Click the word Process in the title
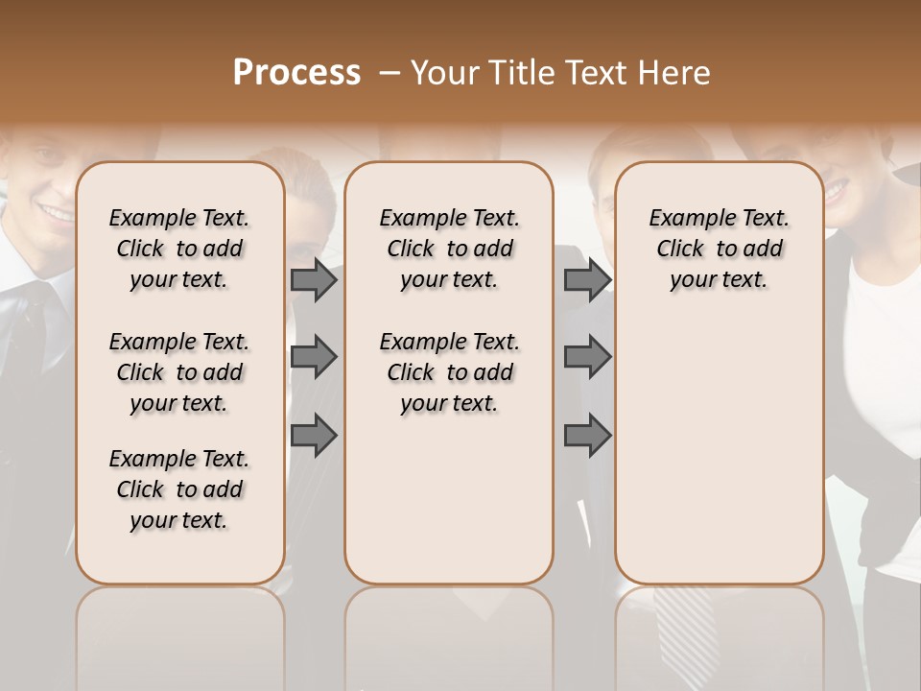(x=296, y=73)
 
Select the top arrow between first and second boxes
(x=314, y=279)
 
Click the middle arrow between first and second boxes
(x=314, y=357)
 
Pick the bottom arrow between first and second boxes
(x=314, y=436)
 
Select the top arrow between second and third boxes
(x=587, y=279)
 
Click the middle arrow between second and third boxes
(x=587, y=357)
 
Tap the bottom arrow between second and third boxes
(x=587, y=436)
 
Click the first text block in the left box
(x=179, y=249)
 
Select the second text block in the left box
(x=179, y=372)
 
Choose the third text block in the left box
(x=179, y=489)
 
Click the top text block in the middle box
(x=449, y=249)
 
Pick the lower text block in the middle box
(x=449, y=372)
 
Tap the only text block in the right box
(x=719, y=249)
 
